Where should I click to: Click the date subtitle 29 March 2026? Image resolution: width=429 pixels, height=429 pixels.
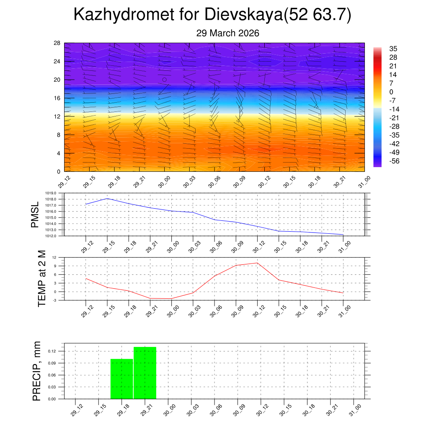point(227,34)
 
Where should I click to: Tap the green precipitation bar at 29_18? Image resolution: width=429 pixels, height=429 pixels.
point(121,379)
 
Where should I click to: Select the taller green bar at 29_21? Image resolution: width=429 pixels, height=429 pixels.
point(145,373)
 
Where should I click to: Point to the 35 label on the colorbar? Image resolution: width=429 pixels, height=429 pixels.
point(393,49)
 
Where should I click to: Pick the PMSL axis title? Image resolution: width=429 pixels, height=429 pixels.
point(35,214)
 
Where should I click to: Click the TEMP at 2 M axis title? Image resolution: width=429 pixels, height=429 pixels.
point(42,278)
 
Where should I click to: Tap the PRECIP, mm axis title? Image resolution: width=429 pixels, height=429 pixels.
point(37,371)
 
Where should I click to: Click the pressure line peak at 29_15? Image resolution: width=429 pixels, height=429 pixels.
point(107,198)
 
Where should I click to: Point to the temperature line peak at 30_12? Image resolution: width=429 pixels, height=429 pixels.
point(257,263)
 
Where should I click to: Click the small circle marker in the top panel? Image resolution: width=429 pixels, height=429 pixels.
point(164,80)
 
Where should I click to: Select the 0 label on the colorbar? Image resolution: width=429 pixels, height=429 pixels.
point(391,92)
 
